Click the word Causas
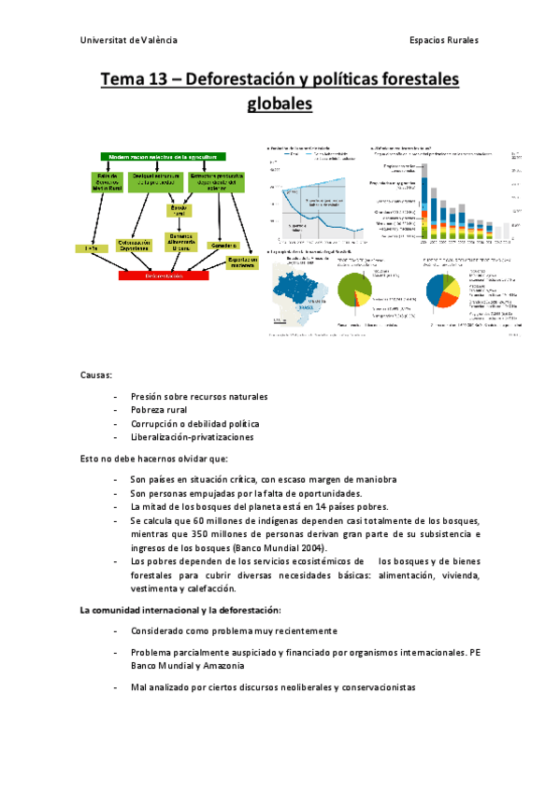[96, 375]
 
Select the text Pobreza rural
[159, 410]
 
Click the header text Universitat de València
[129, 41]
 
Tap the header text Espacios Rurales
[443, 41]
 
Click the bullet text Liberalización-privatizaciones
[192, 436]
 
